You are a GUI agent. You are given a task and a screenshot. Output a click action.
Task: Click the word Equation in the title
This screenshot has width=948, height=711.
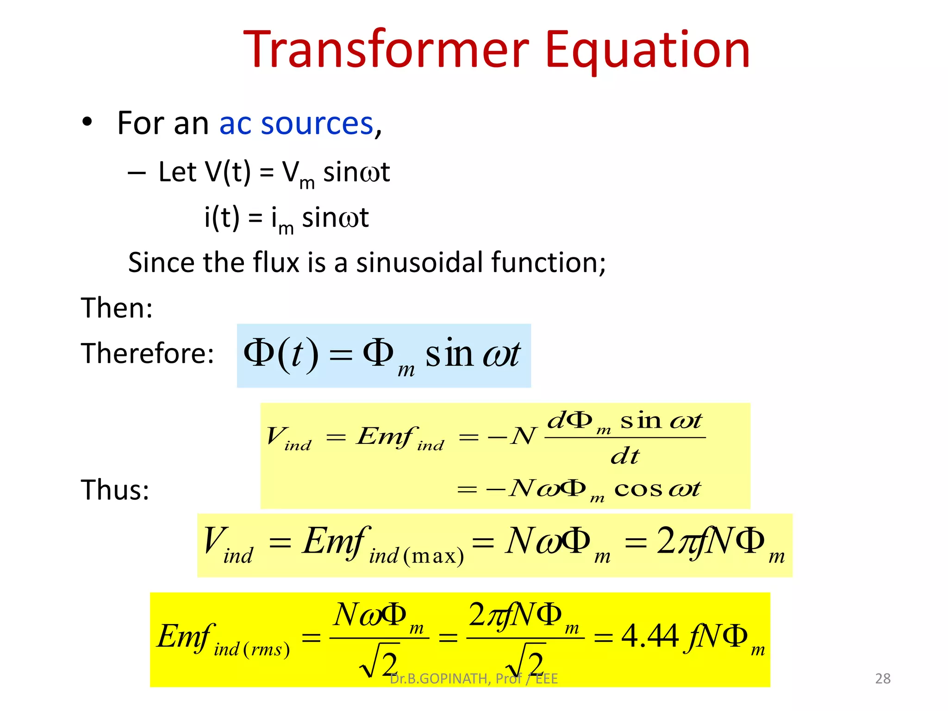click(x=647, y=50)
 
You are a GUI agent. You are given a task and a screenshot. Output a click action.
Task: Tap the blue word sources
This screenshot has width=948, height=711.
click(x=317, y=124)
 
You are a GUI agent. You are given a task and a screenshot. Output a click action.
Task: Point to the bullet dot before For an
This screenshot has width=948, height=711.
click(x=87, y=122)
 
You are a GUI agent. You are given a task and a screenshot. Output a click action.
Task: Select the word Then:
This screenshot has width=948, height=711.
click(x=117, y=308)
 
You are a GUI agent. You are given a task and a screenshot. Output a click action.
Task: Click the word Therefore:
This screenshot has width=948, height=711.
click(x=147, y=353)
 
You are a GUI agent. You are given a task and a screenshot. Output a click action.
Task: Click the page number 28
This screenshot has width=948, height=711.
click(x=883, y=679)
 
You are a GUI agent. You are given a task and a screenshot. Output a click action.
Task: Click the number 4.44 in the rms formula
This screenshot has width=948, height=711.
click(x=649, y=636)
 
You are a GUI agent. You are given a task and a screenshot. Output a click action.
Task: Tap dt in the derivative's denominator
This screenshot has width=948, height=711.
click(x=625, y=456)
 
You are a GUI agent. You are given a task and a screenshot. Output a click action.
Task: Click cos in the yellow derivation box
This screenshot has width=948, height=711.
click(x=638, y=489)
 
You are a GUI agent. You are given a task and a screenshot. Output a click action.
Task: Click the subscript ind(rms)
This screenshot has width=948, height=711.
click(x=252, y=649)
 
